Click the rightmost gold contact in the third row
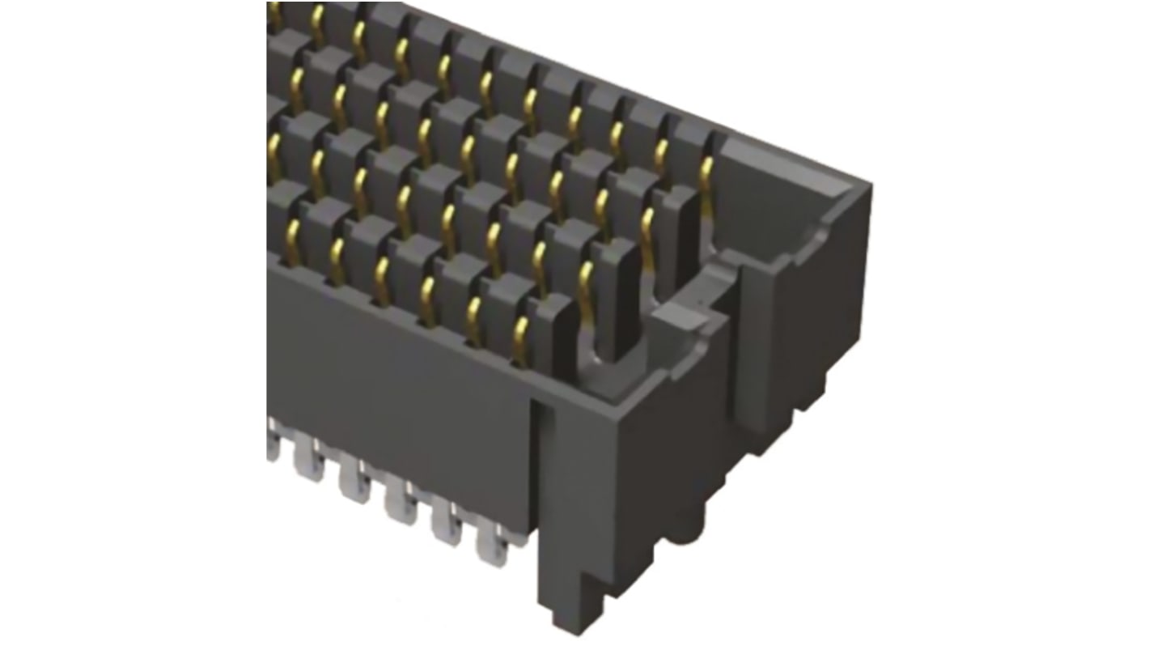(x=647, y=231)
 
